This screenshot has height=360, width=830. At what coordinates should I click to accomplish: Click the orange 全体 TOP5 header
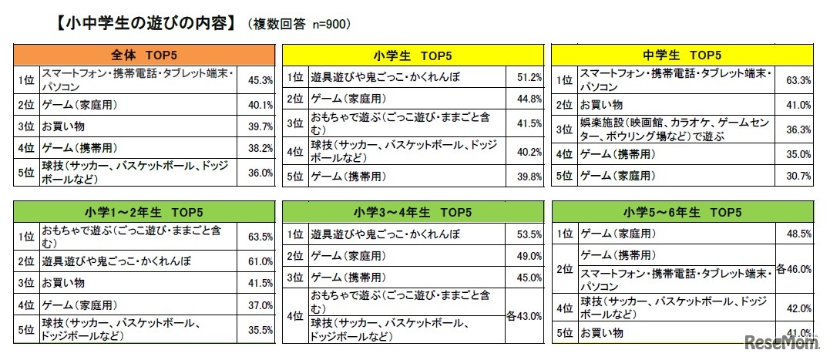point(144,56)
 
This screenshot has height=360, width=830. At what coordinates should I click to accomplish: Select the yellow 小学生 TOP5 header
point(414,56)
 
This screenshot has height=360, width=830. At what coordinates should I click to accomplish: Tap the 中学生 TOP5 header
point(682,56)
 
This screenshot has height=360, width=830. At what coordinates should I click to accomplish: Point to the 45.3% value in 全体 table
point(260,79)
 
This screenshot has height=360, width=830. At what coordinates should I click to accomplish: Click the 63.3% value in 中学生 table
point(798,79)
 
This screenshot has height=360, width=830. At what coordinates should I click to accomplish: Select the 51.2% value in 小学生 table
point(530,78)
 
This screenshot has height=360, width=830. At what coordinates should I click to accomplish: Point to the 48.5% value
point(798,233)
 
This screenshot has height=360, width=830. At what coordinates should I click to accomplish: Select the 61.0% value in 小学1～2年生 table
point(260,262)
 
